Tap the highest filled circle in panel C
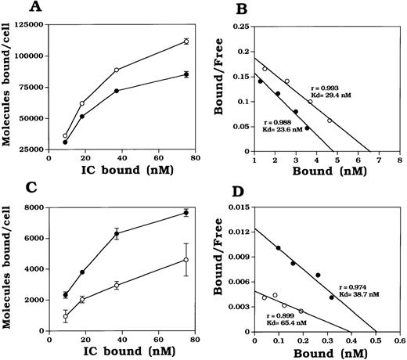(x=185, y=213)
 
